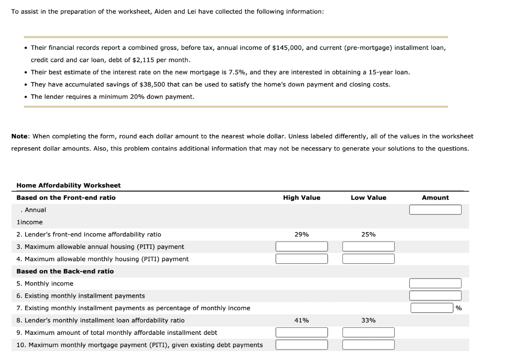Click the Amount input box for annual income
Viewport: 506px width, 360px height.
tap(435, 210)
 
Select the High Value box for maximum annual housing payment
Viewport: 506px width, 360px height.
tap(301, 246)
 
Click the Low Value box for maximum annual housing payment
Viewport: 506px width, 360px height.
tap(368, 246)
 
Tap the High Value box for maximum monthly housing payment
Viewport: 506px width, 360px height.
tap(301, 259)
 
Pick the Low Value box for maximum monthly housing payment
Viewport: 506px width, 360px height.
tap(368, 259)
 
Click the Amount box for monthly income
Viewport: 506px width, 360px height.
tap(435, 283)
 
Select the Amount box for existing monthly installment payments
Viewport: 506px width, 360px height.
tap(435, 296)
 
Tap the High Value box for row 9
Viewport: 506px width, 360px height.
tap(301, 332)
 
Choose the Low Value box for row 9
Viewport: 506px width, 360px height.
tap(368, 332)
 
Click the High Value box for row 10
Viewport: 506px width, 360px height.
tap(301, 345)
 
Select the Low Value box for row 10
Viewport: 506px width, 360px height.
tap(368, 345)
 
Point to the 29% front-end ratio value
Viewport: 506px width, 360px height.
tap(301, 235)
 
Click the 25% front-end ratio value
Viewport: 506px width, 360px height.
tap(368, 235)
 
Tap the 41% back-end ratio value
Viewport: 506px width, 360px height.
tap(301, 320)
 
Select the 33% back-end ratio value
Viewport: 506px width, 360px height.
tap(368, 320)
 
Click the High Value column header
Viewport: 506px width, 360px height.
tap(301, 198)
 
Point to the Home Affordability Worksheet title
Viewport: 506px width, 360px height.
tap(68, 185)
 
